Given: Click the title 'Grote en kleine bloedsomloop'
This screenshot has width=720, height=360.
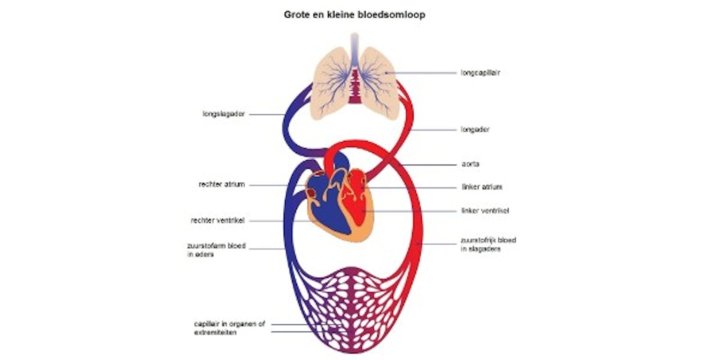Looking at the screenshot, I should point(354,15).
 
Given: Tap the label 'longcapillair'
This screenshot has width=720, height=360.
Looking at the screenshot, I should point(480,72).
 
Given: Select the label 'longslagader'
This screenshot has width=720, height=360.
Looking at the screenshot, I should point(224,114).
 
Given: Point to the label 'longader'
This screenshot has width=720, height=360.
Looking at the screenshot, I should point(475,130).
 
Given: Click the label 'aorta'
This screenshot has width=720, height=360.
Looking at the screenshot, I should point(470,164).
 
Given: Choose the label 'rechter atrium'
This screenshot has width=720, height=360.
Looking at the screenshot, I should point(222,184).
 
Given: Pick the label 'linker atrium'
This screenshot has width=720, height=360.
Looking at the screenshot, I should point(482,187).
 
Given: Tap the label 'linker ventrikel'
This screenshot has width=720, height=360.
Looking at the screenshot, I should point(485,211).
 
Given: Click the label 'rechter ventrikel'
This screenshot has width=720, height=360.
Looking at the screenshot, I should point(218,221).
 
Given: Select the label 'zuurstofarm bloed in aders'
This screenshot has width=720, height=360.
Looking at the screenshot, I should point(216,250).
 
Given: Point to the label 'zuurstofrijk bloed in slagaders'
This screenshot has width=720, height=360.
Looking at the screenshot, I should point(488,244).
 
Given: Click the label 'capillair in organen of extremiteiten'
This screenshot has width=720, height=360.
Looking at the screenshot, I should point(229,328).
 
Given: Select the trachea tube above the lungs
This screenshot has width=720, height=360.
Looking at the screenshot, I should point(355,45).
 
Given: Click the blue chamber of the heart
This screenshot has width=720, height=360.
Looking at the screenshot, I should point(326,207).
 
